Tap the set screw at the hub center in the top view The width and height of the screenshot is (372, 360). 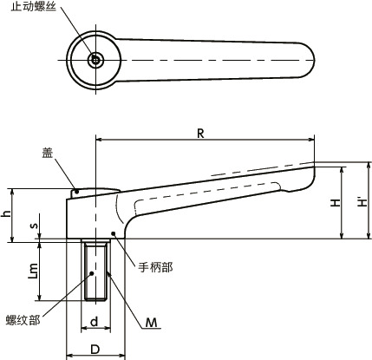point(95,60)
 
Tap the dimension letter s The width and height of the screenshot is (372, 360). point(34,226)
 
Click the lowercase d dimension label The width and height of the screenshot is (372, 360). point(95,324)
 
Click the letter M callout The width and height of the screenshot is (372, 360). point(151,323)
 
